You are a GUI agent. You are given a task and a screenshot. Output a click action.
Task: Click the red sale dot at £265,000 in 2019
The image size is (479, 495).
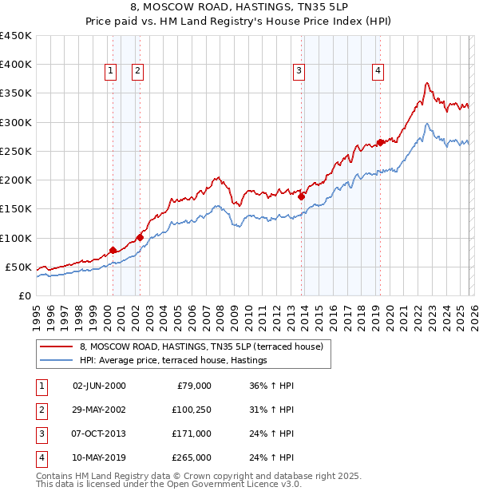click(380, 143)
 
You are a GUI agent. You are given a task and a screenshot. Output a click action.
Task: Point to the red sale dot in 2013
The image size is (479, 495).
click(301, 197)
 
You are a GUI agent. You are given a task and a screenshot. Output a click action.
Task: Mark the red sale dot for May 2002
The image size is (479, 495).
click(140, 237)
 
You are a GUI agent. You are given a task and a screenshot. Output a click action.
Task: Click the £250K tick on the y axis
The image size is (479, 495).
click(16, 151)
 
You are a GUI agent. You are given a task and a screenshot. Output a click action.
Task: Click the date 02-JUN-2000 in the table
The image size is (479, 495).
click(99, 386)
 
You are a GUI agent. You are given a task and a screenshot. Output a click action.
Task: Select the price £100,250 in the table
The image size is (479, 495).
click(191, 410)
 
